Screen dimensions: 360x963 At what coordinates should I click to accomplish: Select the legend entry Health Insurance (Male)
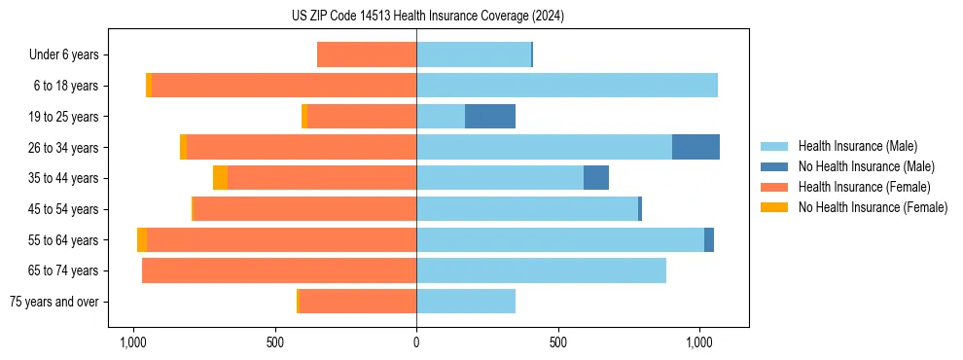tap(857, 146)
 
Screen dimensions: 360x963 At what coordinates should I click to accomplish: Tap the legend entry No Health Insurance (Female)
tap(873, 207)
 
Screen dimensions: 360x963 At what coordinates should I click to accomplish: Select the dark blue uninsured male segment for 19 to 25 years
tap(490, 117)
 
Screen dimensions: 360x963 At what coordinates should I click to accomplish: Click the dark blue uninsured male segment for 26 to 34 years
tap(695, 147)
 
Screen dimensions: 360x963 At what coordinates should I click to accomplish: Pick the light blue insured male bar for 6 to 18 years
tap(567, 86)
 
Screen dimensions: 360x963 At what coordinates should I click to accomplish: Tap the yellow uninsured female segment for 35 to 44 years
tap(220, 178)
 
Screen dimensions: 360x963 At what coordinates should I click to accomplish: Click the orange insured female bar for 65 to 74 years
tap(279, 270)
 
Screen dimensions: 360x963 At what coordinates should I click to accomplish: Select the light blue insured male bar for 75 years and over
tap(466, 302)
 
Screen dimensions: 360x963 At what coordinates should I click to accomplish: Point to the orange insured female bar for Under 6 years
tap(367, 55)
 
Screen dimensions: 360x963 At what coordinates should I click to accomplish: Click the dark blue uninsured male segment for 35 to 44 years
tap(596, 178)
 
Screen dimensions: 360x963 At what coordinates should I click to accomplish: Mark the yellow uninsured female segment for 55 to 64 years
tap(142, 239)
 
